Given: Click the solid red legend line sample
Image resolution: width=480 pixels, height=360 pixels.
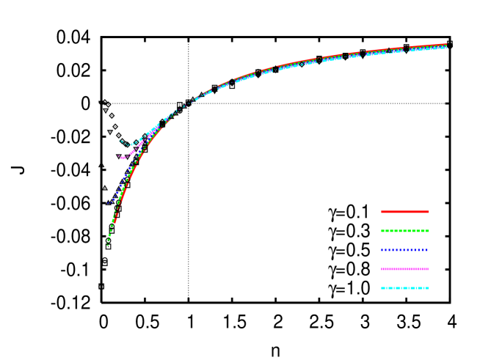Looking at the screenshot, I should (405, 212).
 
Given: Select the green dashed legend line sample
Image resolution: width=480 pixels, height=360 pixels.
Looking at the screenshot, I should (405, 231).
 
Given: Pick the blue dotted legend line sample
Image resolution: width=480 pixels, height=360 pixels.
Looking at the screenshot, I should (405, 250).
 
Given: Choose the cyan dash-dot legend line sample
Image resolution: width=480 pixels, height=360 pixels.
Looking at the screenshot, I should (405, 288).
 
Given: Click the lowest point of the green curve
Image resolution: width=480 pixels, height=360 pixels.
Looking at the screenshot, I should (108, 244).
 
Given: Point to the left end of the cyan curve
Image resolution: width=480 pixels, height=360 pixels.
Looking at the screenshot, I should (120, 141).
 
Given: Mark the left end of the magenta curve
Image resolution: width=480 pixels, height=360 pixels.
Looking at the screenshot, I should (121, 158).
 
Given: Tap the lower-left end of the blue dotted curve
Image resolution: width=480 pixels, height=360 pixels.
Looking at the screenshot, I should (108, 203).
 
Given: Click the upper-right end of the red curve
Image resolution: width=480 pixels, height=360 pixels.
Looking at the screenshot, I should (446, 45).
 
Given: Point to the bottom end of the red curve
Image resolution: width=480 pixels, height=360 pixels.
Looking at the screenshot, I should (114, 222).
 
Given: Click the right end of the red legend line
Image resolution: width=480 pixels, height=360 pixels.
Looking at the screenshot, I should (429, 212).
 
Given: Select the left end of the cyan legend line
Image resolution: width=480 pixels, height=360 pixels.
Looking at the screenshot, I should (382, 288).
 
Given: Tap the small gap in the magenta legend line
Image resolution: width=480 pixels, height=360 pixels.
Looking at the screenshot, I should (419, 269).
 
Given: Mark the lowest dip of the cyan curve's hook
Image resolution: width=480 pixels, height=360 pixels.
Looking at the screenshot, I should (130, 145).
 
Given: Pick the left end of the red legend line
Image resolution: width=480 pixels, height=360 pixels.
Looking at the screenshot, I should (382, 212).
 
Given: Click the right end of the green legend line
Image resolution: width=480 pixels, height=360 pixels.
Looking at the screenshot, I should (429, 231).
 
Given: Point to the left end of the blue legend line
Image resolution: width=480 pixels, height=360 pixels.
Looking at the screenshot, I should (382, 250).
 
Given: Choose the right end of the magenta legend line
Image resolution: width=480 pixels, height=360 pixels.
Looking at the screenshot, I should (429, 269).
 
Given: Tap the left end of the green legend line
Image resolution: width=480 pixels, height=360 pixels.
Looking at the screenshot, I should (382, 231).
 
